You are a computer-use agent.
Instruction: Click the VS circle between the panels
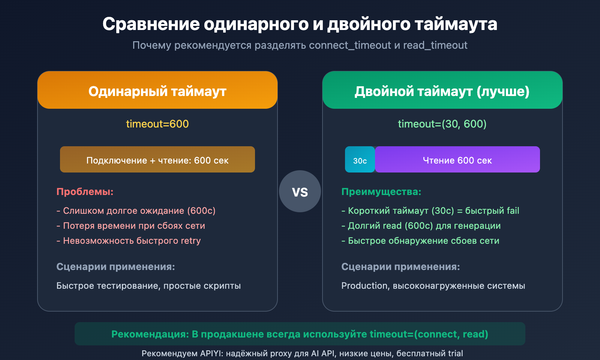tap(300, 191)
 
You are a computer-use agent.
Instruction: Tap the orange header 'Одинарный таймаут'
tap(157, 91)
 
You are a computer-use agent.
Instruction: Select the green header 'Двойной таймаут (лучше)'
tap(442, 91)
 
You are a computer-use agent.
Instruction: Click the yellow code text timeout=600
tap(157, 124)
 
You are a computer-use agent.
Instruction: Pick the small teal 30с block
tap(360, 160)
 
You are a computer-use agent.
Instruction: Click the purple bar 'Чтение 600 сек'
tap(457, 160)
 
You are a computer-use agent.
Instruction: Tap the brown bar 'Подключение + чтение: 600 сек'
tap(157, 160)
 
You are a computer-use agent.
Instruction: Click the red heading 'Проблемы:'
tap(85, 192)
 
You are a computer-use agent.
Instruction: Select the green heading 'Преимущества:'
tap(381, 192)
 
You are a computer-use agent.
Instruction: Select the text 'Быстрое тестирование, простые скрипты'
tap(148, 286)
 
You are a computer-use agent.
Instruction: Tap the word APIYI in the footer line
tap(211, 353)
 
